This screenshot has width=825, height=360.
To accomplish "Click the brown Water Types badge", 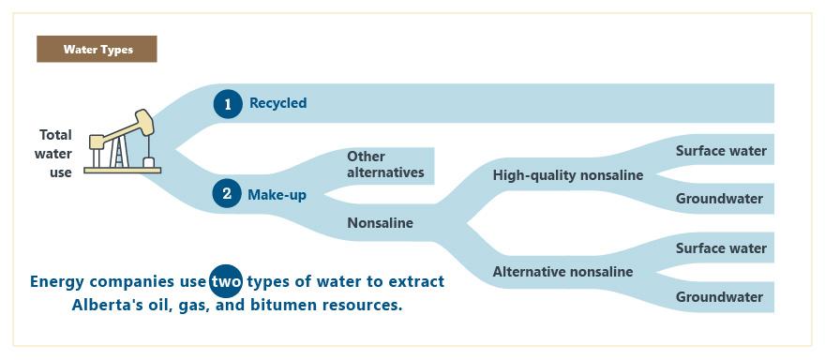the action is click(x=97, y=49).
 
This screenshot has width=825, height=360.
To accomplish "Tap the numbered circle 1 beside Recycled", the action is click(x=228, y=104).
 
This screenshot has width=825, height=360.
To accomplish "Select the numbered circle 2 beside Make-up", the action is click(x=227, y=194).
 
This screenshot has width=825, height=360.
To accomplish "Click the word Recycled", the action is click(x=277, y=103).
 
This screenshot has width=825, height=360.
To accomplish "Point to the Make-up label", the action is click(x=277, y=195).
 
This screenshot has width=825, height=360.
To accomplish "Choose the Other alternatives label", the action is click(x=385, y=164).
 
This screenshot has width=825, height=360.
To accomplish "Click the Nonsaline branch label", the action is click(x=380, y=223).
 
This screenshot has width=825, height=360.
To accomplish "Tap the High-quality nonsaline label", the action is click(x=568, y=175).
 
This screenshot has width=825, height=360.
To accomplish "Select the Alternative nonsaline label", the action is click(x=562, y=272).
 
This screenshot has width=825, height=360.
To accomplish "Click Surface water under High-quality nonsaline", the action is click(x=721, y=151).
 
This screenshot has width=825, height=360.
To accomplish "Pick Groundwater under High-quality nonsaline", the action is click(x=719, y=199).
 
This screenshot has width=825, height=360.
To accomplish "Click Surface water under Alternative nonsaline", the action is click(x=721, y=248).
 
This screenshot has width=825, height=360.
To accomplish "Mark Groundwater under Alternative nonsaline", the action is click(x=719, y=297).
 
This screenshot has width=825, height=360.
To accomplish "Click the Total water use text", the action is click(x=53, y=154).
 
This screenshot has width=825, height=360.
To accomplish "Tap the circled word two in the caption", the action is click(x=226, y=281).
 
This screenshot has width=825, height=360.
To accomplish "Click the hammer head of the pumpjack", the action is click(x=144, y=122).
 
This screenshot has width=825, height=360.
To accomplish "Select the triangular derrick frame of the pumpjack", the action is click(x=119, y=153).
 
